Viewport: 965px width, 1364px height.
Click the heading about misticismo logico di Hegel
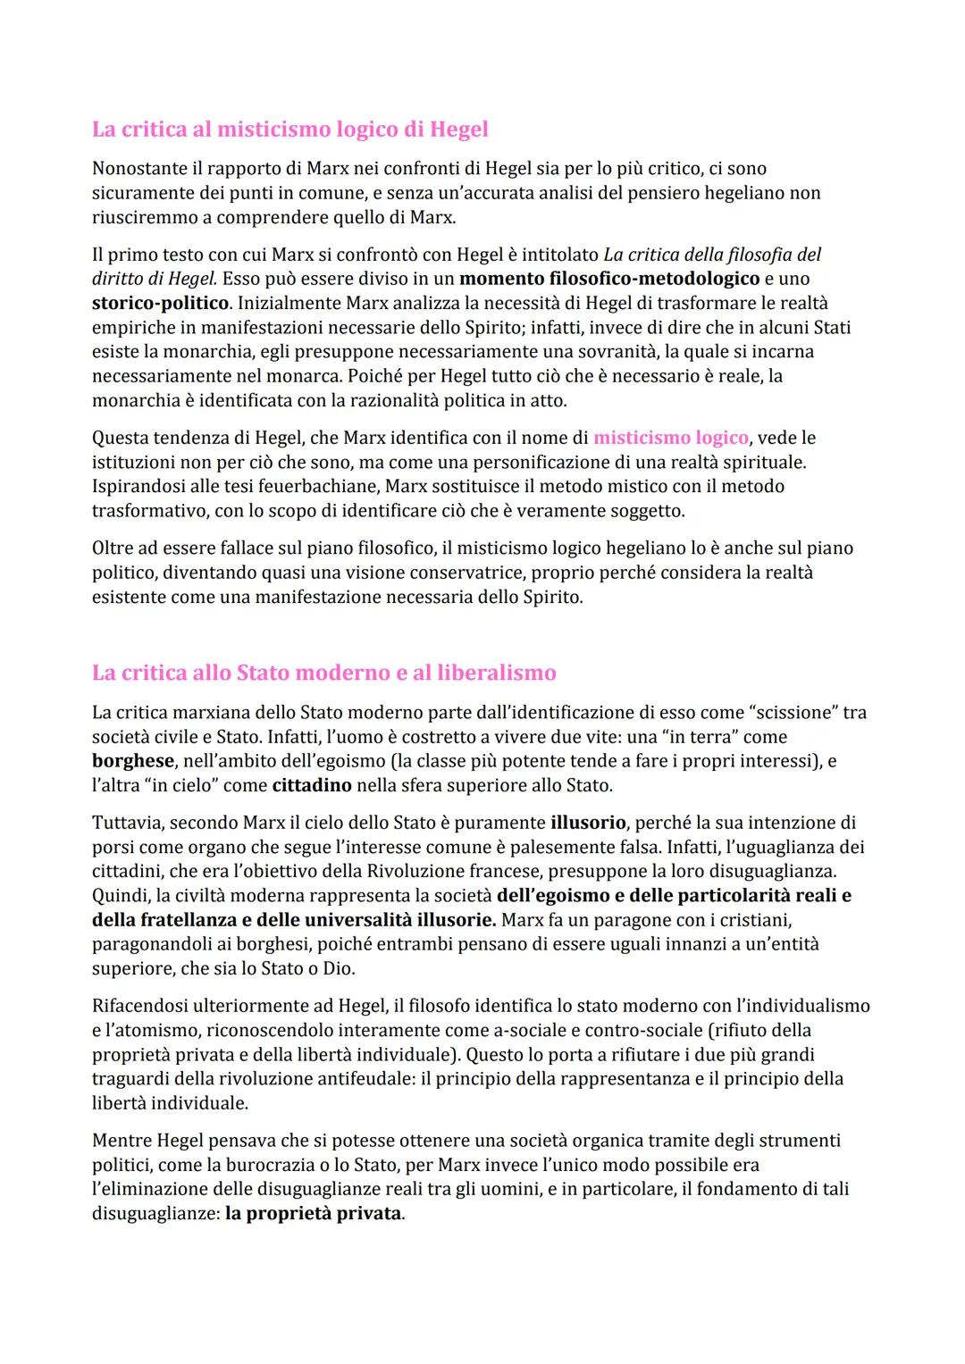(289, 130)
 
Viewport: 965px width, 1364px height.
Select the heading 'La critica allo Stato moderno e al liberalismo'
(323, 673)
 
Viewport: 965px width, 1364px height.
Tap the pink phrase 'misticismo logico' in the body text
(670, 438)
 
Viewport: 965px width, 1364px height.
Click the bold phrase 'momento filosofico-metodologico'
(608, 279)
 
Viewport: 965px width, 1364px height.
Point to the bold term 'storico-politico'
(161, 303)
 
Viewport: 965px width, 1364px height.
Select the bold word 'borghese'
(132, 761)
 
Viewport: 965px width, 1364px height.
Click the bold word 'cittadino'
(312, 786)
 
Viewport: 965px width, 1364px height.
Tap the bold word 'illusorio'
(589, 823)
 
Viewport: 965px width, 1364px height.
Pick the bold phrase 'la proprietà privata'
(313, 1214)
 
